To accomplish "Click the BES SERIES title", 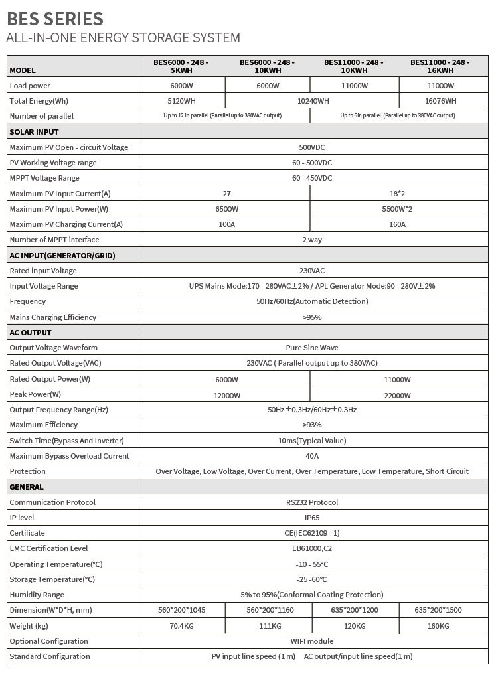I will coord(55,17).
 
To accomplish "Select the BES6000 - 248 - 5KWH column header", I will coord(181,66).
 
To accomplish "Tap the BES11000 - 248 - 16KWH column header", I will coord(440,66).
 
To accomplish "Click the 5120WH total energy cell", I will coord(181,101).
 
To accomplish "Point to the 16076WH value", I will coord(440,101).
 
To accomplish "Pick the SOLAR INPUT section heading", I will coord(35,131).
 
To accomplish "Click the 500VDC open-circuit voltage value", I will coord(312,147).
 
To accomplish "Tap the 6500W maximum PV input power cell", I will coord(226,209).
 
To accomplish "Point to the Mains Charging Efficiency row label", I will coord(53,317).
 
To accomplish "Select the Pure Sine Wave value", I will coord(312,348).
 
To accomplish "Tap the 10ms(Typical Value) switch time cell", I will coord(312,441).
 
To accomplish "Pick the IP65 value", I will coord(312,517).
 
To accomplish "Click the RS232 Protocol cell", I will coord(312,502).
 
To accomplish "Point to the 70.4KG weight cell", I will coord(181,626).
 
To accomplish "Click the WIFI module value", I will coord(312,641).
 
